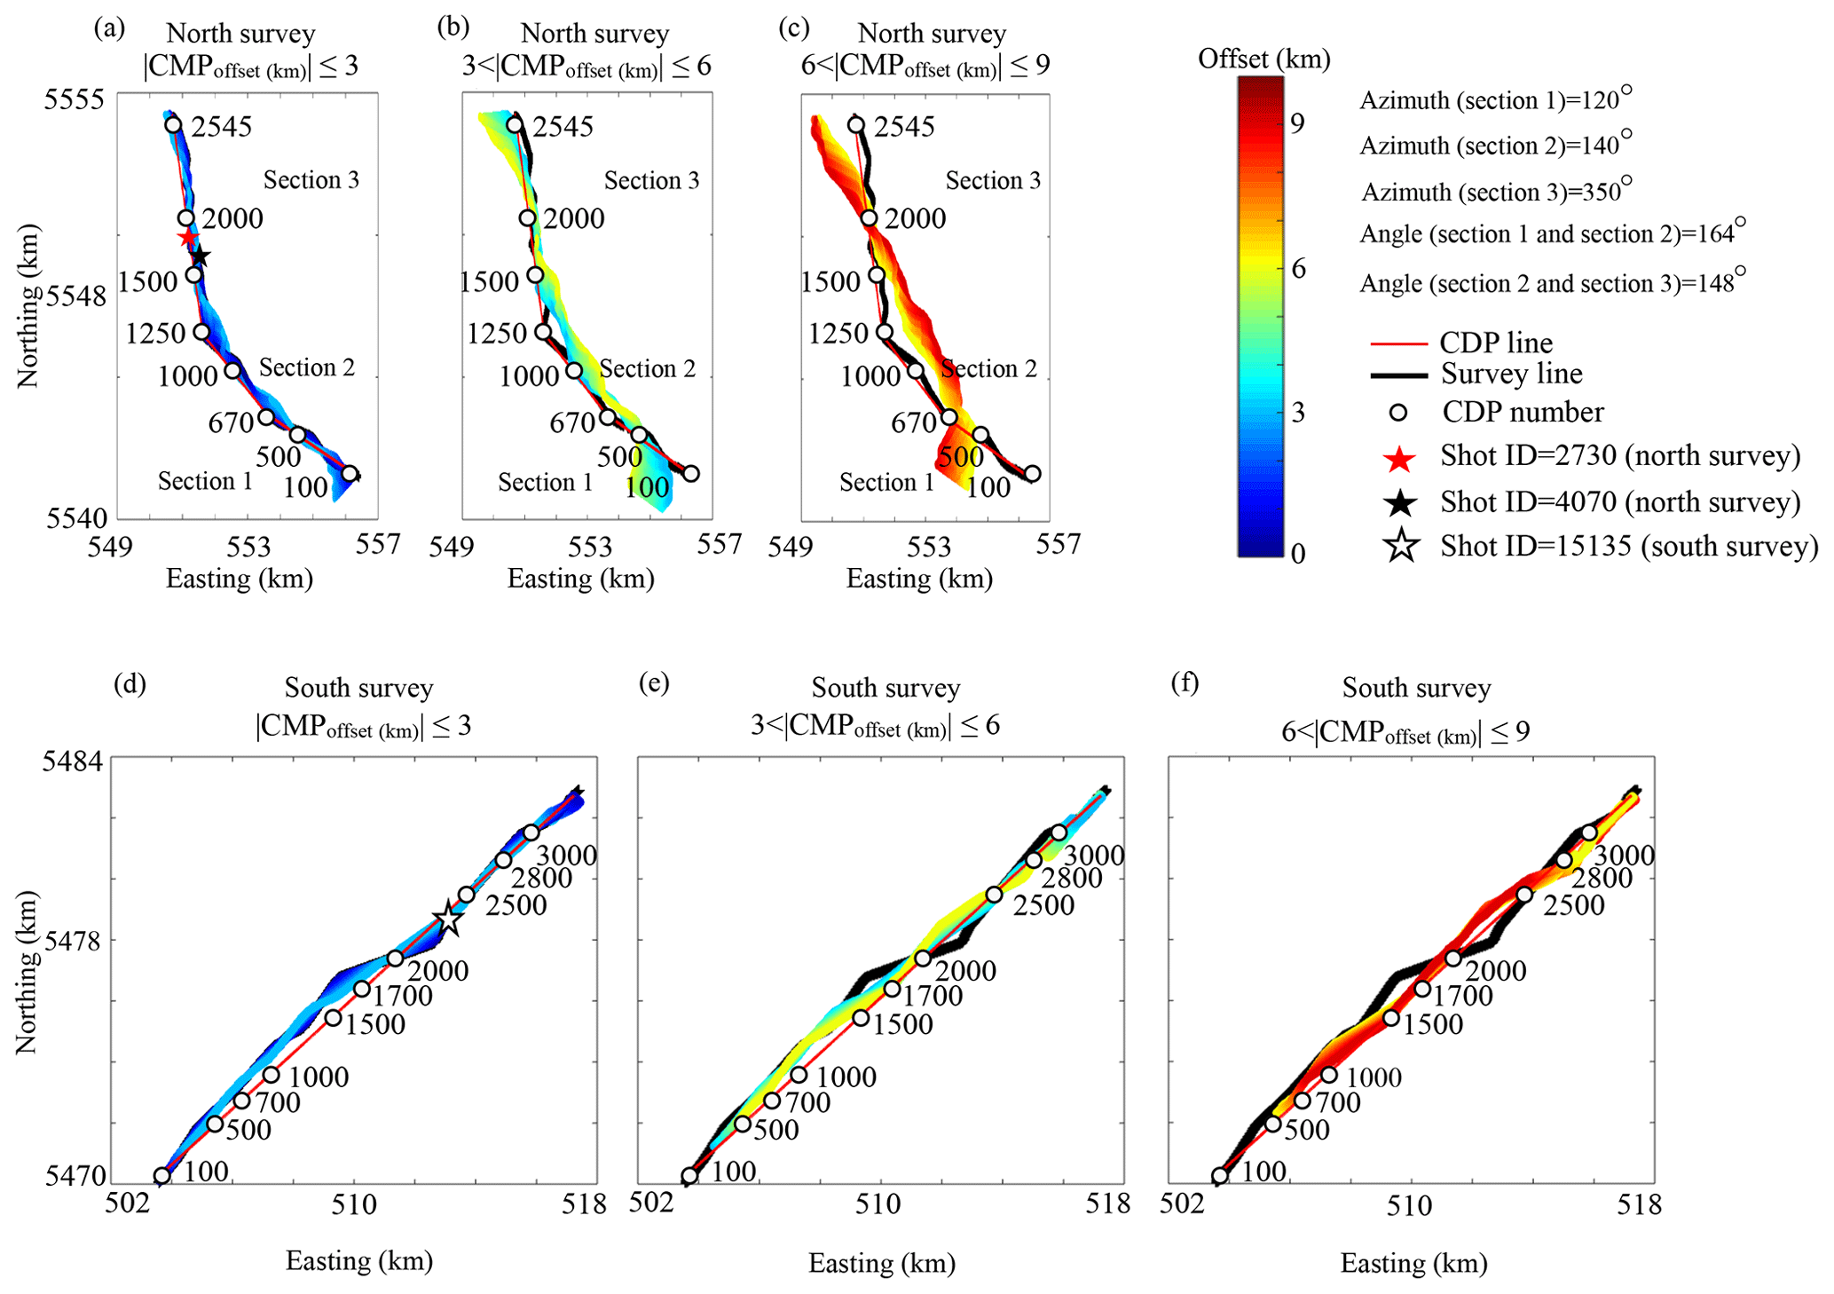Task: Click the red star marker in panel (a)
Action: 187,238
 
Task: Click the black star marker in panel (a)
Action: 201,257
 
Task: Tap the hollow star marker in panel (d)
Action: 449,920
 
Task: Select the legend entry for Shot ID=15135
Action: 1628,546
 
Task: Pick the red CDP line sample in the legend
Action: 1398,343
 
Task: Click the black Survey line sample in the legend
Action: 1398,375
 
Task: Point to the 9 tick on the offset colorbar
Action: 1298,123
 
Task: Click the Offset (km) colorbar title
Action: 1263,59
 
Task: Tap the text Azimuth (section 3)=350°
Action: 1496,192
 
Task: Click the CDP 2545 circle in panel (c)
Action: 855,125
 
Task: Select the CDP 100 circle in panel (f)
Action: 1220,1176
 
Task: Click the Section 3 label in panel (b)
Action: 651,181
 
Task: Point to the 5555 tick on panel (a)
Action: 75,99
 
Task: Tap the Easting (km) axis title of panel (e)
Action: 881,1263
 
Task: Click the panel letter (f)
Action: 1186,683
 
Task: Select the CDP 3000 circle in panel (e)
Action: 1059,832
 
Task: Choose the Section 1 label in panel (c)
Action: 886,483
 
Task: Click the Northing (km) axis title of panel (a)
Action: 29,306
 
